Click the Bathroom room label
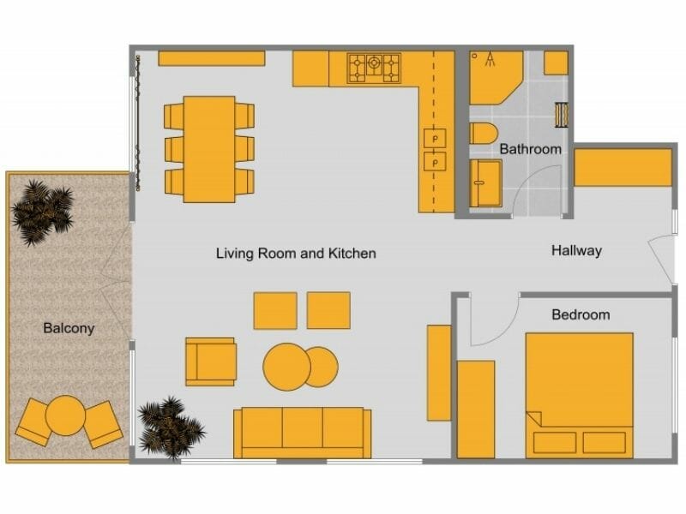(x=530, y=149)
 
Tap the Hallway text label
(x=576, y=251)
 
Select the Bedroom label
(x=581, y=315)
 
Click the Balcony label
(x=69, y=328)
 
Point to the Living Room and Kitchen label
(x=296, y=254)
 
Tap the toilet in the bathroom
(x=483, y=135)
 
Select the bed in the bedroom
(x=579, y=394)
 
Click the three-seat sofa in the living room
(x=303, y=433)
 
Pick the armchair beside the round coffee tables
(x=210, y=361)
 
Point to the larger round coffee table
(x=286, y=367)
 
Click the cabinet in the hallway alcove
(x=623, y=168)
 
